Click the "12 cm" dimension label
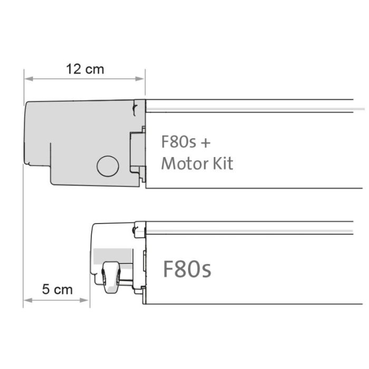point(85,69)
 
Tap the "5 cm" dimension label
point(57,289)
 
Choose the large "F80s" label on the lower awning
point(187,269)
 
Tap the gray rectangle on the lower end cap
point(112,256)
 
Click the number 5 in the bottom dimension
point(46,289)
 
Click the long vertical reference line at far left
point(24,211)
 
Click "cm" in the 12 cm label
point(95,69)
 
